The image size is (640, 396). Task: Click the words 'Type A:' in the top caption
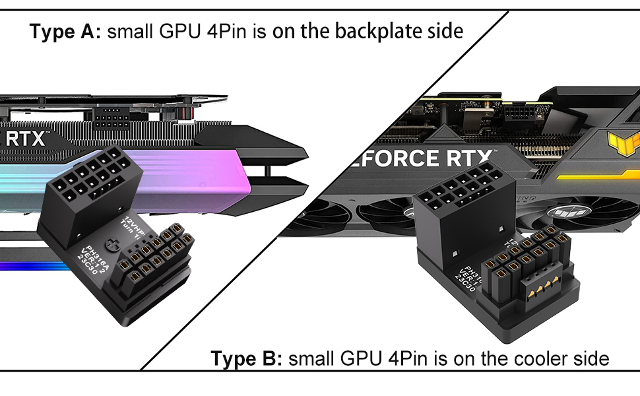[64, 31]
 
